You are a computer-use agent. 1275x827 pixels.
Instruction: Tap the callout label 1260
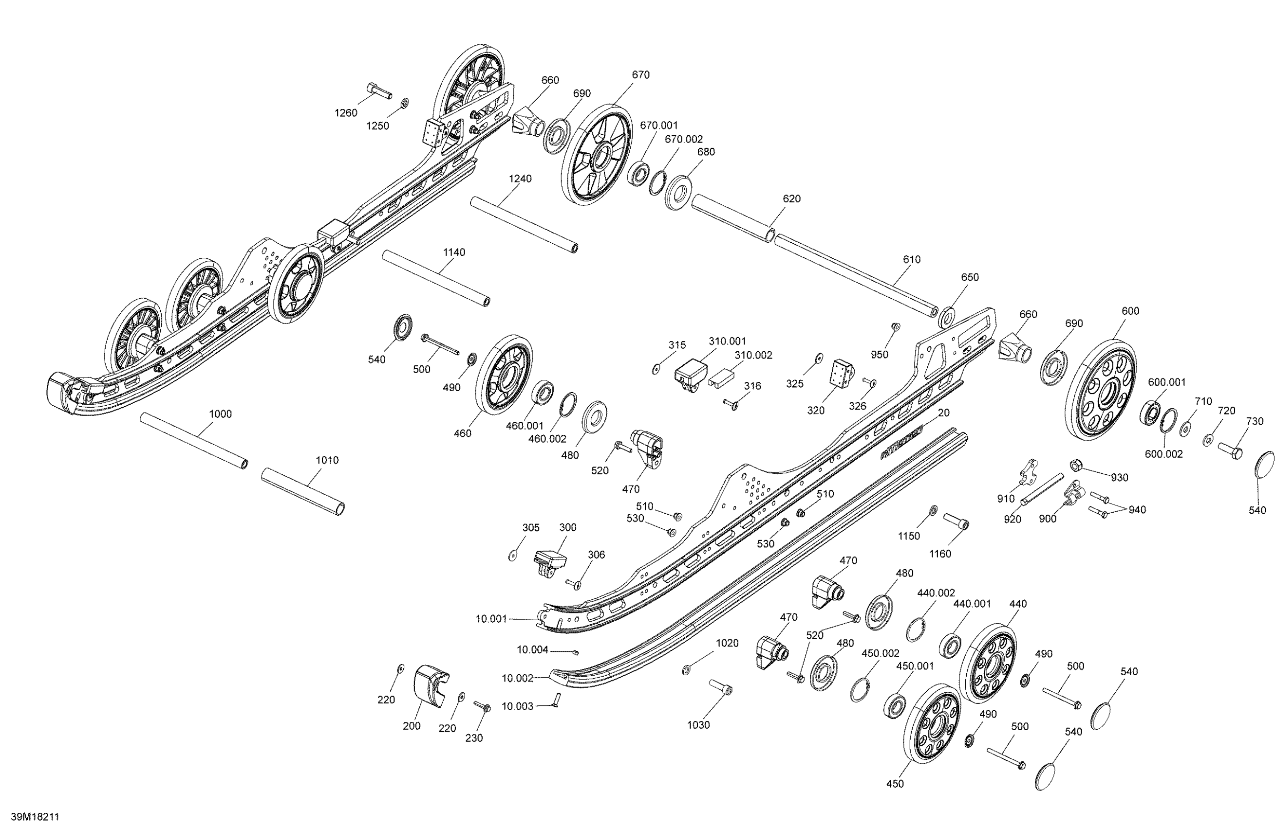pyautogui.click(x=346, y=113)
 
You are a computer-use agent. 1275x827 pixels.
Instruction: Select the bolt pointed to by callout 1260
pyautogui.click(x=378, y=90)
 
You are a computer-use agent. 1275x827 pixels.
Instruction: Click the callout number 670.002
pyautogui.click(x=684, y=139)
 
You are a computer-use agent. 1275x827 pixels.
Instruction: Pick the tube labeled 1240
pyautogui.click(x=524, y=224)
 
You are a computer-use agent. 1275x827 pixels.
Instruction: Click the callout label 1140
pyautogui.click(x=454, y=252)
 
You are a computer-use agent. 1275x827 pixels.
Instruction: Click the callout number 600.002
pyautogui.click(x=1164, y=454)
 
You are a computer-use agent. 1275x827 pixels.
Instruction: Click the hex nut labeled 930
pyautogui.click(x=1075, y=465)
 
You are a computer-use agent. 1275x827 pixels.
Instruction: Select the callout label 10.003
pyautogui.click(x=517, y=706)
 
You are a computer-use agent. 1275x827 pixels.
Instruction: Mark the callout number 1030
pyautogui.click(x=698, y=725)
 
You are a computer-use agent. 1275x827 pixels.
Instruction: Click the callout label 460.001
pyautogui.click(x=525, y=426)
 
